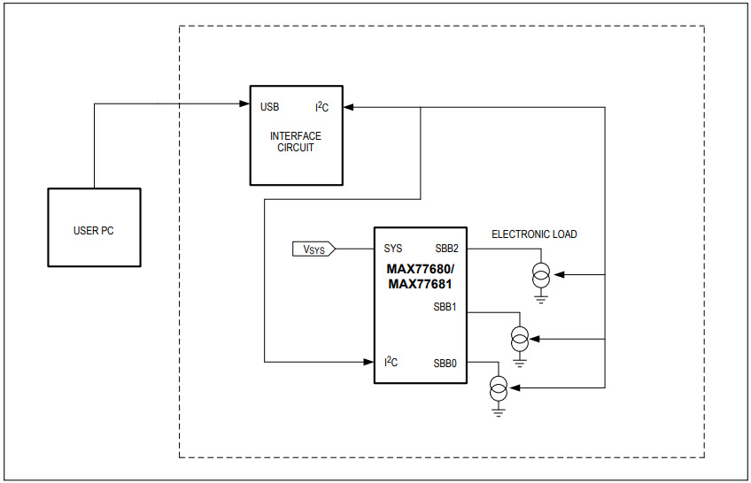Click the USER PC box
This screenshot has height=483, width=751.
click(x=94, y=228)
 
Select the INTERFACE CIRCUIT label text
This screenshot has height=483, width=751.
click(x=295, y=142)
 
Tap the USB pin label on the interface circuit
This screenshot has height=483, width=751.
click(x=269, y=107)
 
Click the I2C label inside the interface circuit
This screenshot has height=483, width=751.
click(x=322, y=107)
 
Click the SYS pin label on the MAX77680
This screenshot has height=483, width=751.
click(x=392, y=249)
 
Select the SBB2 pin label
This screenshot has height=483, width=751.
click(x=445, y=249)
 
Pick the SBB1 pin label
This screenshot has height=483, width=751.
click(x=445, y=307)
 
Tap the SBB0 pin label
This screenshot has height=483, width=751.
click(x=445, y=363)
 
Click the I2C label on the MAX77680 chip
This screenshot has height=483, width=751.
click(x=391, y=362)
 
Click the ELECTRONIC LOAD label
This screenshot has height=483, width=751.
click(x=534, y=234)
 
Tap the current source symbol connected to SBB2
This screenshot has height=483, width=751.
click(x=540, y=276)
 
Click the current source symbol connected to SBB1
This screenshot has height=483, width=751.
click(x=520, y=338)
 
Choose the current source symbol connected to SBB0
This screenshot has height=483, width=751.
click(x=499, y=387)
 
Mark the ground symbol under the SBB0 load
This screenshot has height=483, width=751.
click(x=499, y=410)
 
